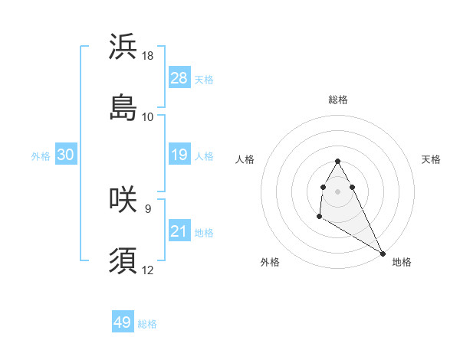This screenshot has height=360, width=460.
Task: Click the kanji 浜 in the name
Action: (123, 47)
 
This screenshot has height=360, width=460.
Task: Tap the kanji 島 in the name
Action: (123, 107)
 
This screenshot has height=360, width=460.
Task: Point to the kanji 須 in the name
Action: (123, 260)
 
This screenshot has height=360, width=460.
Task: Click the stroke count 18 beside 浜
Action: (148, 56)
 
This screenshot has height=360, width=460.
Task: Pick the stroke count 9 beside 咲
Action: (147, 208)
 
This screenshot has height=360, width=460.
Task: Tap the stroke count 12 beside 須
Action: (148, 270)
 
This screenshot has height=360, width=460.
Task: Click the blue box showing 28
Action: (179, 77)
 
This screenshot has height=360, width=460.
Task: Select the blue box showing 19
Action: (179, 155)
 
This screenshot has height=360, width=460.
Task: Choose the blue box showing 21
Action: (179, 231)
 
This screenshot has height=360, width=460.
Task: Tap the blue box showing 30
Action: (66, 155)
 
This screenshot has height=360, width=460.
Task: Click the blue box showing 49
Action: (123, 322)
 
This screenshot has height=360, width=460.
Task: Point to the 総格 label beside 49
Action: (148, 324)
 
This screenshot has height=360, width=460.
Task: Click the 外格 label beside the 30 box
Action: (41, 156)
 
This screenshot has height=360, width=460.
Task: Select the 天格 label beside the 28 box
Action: (204, 79)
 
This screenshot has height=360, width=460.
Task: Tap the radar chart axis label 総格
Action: (338, 100)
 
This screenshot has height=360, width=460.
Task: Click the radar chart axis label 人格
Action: (245, 159)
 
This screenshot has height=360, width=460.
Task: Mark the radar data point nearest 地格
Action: (383, 254)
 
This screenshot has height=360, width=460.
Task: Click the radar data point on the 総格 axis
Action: (337, 161)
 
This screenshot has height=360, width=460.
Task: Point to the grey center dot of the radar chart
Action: (337, 190)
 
